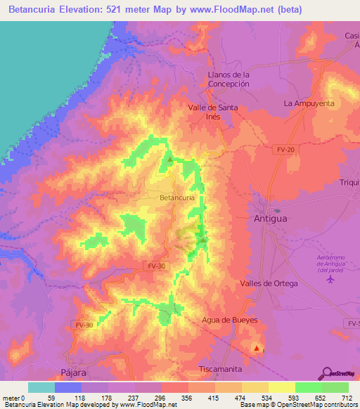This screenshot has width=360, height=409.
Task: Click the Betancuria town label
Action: [x=177, y=198]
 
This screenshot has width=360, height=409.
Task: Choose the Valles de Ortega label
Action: [x=269, y=283]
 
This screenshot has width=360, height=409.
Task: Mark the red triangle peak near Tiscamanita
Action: [x=257, y=348]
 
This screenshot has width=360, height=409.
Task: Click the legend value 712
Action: [x=345, y=398]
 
